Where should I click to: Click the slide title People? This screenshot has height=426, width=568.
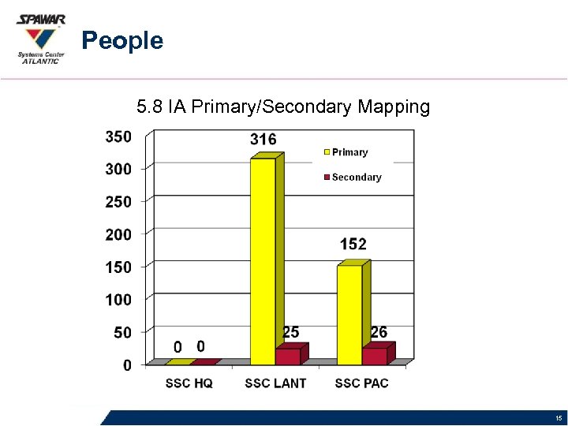(122, 40)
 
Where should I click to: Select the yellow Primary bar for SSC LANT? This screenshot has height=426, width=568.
(263, 260)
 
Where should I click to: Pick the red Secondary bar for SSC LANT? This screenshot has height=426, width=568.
(288, 357)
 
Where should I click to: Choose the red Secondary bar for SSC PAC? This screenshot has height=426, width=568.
(375, 357)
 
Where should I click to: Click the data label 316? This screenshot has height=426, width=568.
(263, 140)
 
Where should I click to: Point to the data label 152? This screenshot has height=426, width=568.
(353, 245)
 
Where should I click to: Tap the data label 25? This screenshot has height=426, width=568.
(290, 333)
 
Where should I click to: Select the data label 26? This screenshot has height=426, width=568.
(379, 333)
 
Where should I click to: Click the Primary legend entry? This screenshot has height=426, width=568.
(349, 152)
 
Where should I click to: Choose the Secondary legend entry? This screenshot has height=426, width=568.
(356, 177)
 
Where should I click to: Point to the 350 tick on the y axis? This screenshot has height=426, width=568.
(118, 136)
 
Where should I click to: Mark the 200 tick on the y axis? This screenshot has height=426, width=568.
(118, 234)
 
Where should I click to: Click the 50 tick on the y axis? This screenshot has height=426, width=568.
(121, 333)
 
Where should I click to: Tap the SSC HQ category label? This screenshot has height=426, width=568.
(189, 383)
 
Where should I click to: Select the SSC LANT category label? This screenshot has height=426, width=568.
(275, 383)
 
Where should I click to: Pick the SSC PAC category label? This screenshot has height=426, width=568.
(361, 383)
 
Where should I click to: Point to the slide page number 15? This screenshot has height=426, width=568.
(558, 418)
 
